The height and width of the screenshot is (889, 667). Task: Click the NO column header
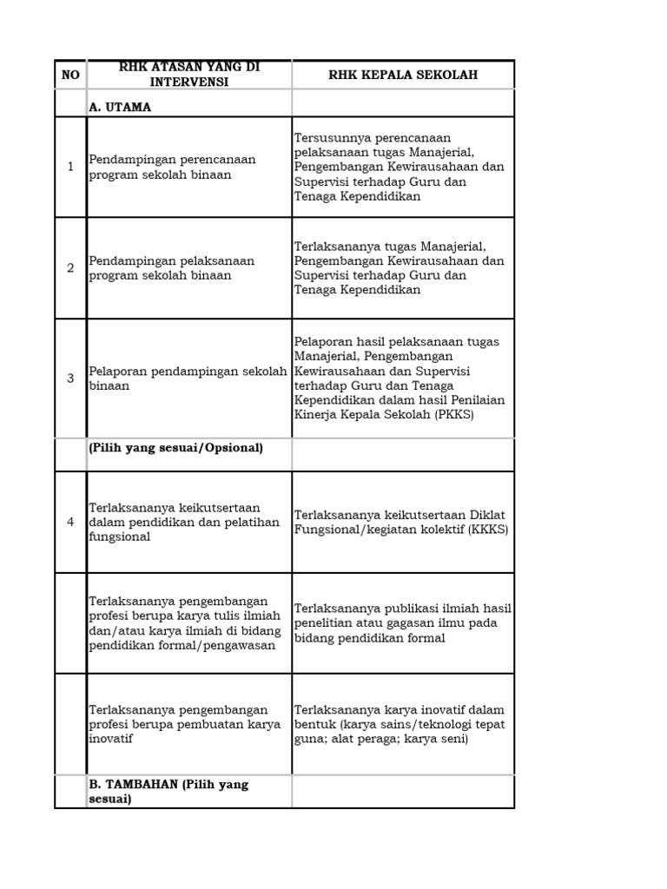click(70, 75)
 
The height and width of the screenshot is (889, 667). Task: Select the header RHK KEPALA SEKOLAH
click(403, 75)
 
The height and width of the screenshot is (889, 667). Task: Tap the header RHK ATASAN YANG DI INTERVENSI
click(188, 75)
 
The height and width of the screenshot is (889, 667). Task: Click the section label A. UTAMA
click(120, 107)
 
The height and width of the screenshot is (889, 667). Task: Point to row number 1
click(70, 167)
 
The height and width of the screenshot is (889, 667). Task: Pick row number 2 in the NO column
click(70, 268)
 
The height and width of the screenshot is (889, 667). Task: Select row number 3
click(70, 379)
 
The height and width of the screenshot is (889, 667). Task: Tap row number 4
click(70, 522)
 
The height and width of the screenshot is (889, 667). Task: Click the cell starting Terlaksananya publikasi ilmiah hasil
click(403, 622)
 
